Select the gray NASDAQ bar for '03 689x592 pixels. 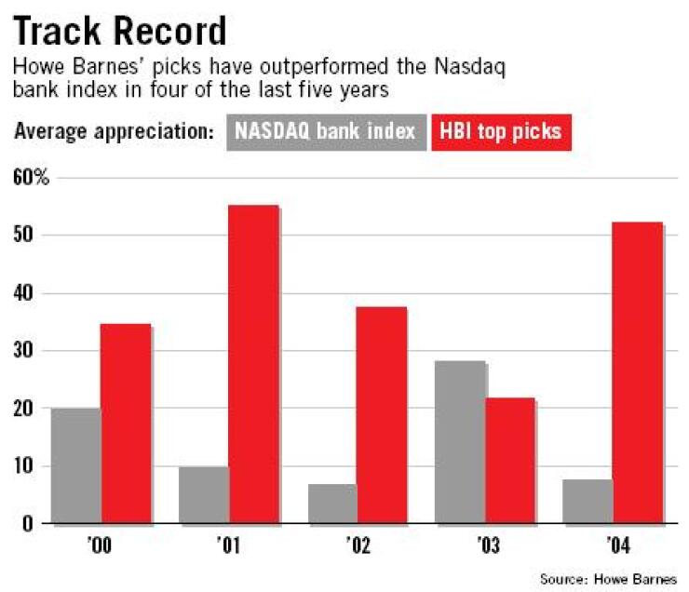click(x=460, y=442)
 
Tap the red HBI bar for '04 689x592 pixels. click(x=638, y=373)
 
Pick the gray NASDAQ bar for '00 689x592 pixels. click(x=76, y=465)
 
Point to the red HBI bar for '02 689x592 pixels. click(x=382, y=415)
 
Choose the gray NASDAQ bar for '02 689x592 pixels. click(x=332, y=504)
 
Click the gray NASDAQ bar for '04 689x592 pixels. click(x=588, y=502)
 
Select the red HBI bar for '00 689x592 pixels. click(x=126, y=424)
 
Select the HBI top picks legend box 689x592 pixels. click(x=501, y=130)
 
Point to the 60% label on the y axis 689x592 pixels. click(x=30, y=177)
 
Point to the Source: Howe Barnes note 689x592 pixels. click(x=608, y=579)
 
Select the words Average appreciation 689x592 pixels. click(x=114, y=131)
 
